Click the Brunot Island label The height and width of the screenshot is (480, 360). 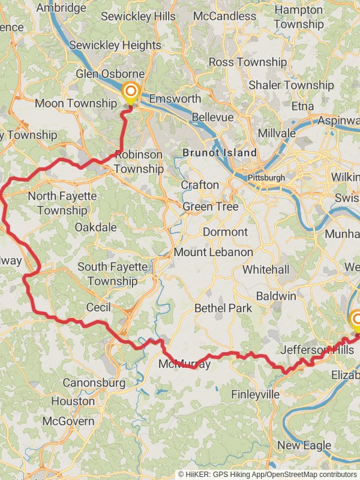[x=220, y=153]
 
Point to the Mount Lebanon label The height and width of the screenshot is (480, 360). [x=213, y=252]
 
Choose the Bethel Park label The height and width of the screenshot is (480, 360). [x=223, y=308]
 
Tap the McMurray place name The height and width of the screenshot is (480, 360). [x=184, y=364]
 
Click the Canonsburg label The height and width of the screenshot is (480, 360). [x=94, y=382]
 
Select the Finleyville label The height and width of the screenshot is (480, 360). [x=256, y=394]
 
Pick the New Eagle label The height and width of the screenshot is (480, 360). [x=304, y=445]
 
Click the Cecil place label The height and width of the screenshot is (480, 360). [x=98, y=307]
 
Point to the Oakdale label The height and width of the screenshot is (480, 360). [x=95, y=227]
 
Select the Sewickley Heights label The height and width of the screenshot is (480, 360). [x=115, y=45]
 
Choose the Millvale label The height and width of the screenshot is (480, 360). [x=276, y=133]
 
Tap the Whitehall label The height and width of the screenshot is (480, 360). [x=266, y=270]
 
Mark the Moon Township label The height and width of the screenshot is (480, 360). [x=75, y=103]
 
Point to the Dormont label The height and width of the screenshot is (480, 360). [x=225, y=232]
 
